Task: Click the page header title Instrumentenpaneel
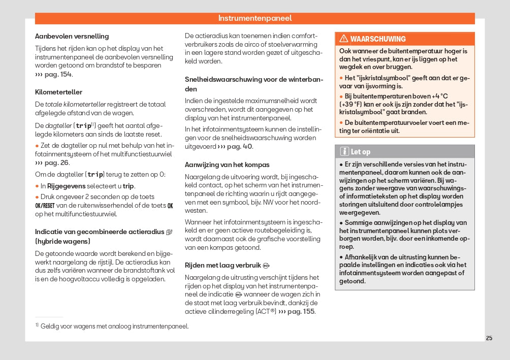pos(255,18)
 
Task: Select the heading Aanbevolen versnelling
pos(72,37)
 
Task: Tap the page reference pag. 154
pos(57,74)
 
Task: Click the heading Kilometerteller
pos(58,92)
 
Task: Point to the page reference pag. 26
pos(56,163)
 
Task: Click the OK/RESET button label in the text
pos(45,206)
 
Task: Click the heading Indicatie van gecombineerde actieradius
pos(99,232)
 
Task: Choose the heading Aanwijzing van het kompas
pos(227,165)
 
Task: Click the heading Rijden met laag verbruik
pos(222,265)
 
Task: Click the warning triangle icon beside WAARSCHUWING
pos(344,39)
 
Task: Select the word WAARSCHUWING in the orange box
pos(378,39)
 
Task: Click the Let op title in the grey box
pos(361,151)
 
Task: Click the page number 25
pos(489,338)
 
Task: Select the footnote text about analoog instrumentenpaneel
pos(114,326)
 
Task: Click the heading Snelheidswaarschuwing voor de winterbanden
pos(254,84)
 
